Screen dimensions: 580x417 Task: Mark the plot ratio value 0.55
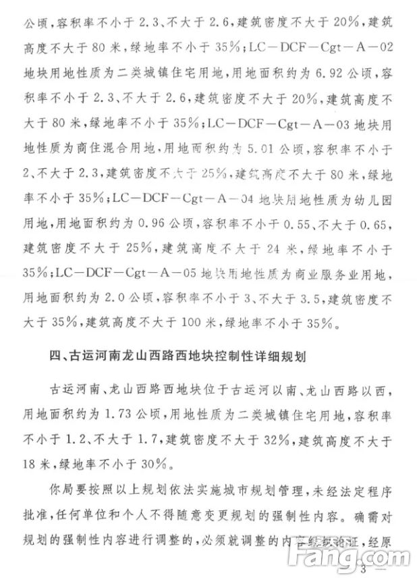[x=318, y=226]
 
